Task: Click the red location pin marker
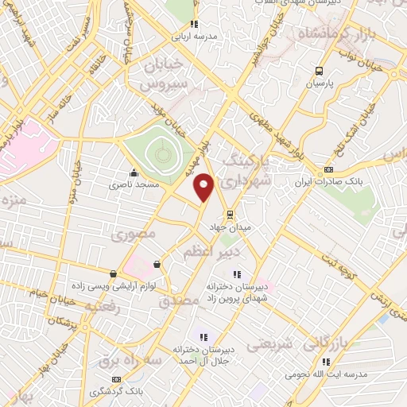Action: (x=204, y=187)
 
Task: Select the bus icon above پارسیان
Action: (x=319, y=69)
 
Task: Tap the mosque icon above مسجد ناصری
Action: (x=133, y=172)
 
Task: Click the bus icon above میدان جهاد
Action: (x=229, y=214)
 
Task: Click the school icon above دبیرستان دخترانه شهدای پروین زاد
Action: (x=236, y=274)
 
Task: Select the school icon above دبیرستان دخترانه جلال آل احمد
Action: (x=202, y=336)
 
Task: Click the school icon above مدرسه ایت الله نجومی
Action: (x=302, y=361)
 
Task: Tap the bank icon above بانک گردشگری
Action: (x=118, y=380)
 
